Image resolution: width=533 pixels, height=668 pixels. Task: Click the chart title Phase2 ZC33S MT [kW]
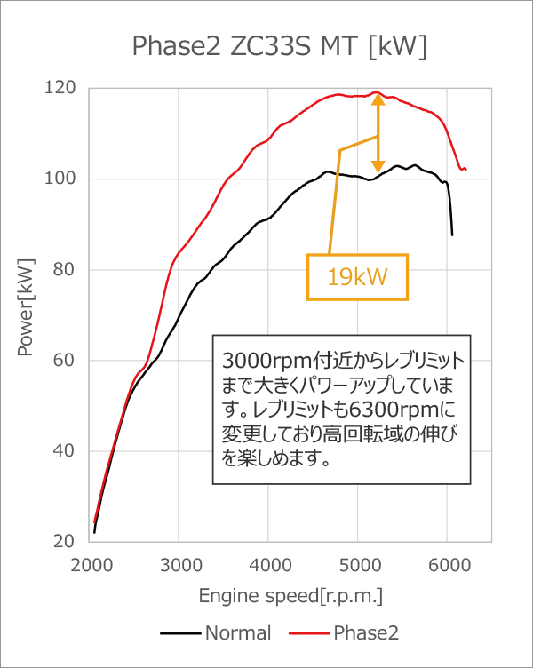pos(279,46)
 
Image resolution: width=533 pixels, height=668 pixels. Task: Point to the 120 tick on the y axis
pos(61,88)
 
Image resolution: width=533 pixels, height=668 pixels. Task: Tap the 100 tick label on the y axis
pos(61,179)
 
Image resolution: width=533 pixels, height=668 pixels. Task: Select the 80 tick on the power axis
pos(65,269)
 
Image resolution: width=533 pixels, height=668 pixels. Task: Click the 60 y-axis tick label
pos(65,361)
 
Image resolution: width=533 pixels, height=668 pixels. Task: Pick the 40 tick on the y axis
pos(65,451)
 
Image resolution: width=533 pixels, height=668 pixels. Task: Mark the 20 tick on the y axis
pos(65,542)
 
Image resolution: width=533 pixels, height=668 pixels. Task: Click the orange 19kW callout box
pos(357,277)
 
